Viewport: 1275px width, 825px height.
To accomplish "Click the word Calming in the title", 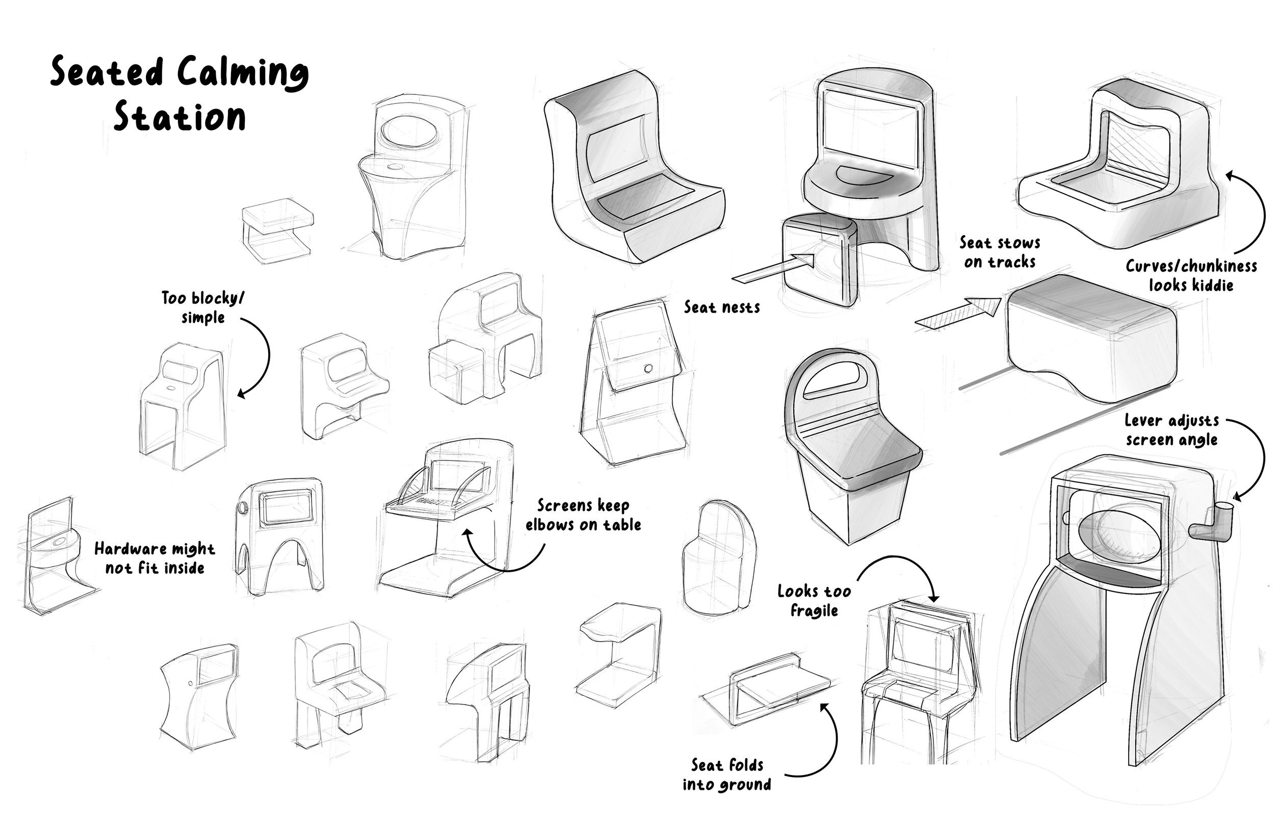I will tap(243, 73).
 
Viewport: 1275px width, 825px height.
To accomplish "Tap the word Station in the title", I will tap(180, 117).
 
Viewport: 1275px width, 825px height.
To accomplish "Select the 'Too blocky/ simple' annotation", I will tap(202, 307).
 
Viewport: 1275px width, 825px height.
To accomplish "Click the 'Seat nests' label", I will tap(722, 307).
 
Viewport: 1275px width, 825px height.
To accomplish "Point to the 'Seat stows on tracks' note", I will tap(1000, 252).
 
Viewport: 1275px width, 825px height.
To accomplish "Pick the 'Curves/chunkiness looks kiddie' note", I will tap(1191, 275).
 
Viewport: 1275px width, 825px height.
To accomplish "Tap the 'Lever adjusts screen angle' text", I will tap(1171, 430).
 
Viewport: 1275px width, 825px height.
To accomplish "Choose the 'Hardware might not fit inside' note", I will tap(155, 558).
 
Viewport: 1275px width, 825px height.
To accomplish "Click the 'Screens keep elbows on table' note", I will tap(583, 515).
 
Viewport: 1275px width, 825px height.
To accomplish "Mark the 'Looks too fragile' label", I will tap(814, 601).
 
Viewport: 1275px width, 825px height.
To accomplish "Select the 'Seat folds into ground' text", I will tap(727, 775).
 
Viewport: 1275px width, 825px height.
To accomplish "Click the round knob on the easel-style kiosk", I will tap(648, 369).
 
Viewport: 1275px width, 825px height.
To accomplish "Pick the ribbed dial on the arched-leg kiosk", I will tap(243, 508).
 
